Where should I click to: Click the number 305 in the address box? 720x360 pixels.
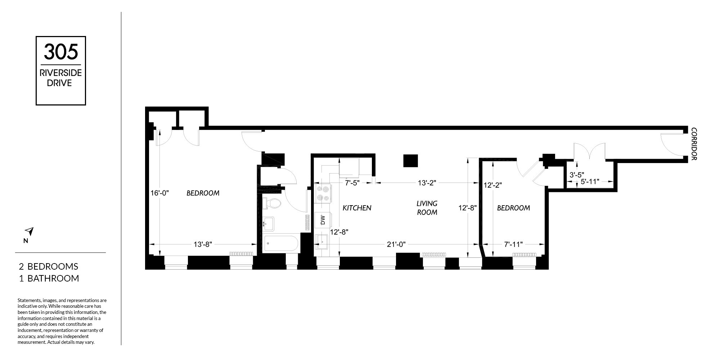coord(61,51)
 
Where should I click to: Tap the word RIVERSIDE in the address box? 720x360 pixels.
coord(61,73)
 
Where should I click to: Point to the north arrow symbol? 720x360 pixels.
coord(29,231)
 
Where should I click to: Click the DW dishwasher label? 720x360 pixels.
coord(323,220)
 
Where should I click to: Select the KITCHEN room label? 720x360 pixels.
coord(357,208)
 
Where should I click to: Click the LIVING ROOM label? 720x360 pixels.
coord(427,208)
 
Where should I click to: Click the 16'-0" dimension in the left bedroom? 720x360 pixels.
coord(159,193)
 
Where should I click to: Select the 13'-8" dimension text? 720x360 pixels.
coord(203,244)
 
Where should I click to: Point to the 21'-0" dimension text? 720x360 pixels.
coord(396,244)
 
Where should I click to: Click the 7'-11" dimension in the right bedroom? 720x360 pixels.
coord(513,244)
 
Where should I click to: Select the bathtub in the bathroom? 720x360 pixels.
coord(281,243)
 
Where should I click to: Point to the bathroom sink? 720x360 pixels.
coord(268,224)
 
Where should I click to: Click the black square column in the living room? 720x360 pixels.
coord(410,161)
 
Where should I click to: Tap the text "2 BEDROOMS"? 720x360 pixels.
coord(49,266)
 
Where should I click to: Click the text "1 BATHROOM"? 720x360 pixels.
coord(49,278)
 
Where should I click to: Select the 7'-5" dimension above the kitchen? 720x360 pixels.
coord(352,183)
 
